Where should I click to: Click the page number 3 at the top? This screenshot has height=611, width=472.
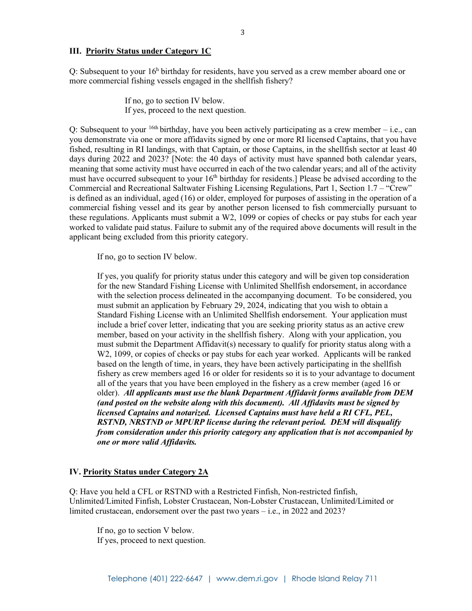(x=242, y=33)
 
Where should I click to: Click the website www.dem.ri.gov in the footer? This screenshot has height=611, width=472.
(x=246, y=579)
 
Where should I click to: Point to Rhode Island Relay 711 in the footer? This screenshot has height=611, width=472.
(x=334, y=579)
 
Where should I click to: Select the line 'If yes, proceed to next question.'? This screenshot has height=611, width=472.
(x=151, y=540)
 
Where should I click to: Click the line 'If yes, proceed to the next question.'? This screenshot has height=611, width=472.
(x=185, y=110)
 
